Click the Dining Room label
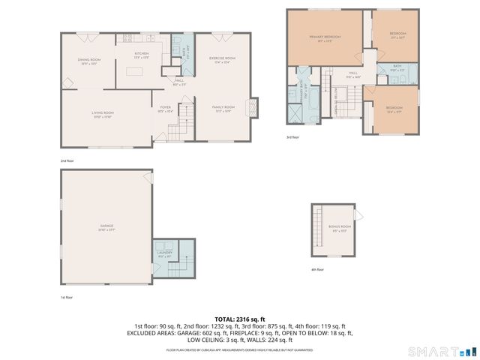click(x=88, y=61)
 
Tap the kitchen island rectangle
click(x=135, y=72)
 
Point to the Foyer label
click(x=166, y=109)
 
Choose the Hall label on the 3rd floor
click(x=350, y=74)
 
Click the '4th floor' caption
click(x=317, y=269)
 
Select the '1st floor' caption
click(x=67, y=297)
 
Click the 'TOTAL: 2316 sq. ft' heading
click(x=239, y=319)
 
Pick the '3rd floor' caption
click(x=292, y=136)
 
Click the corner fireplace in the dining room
click(x=67, y=37)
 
